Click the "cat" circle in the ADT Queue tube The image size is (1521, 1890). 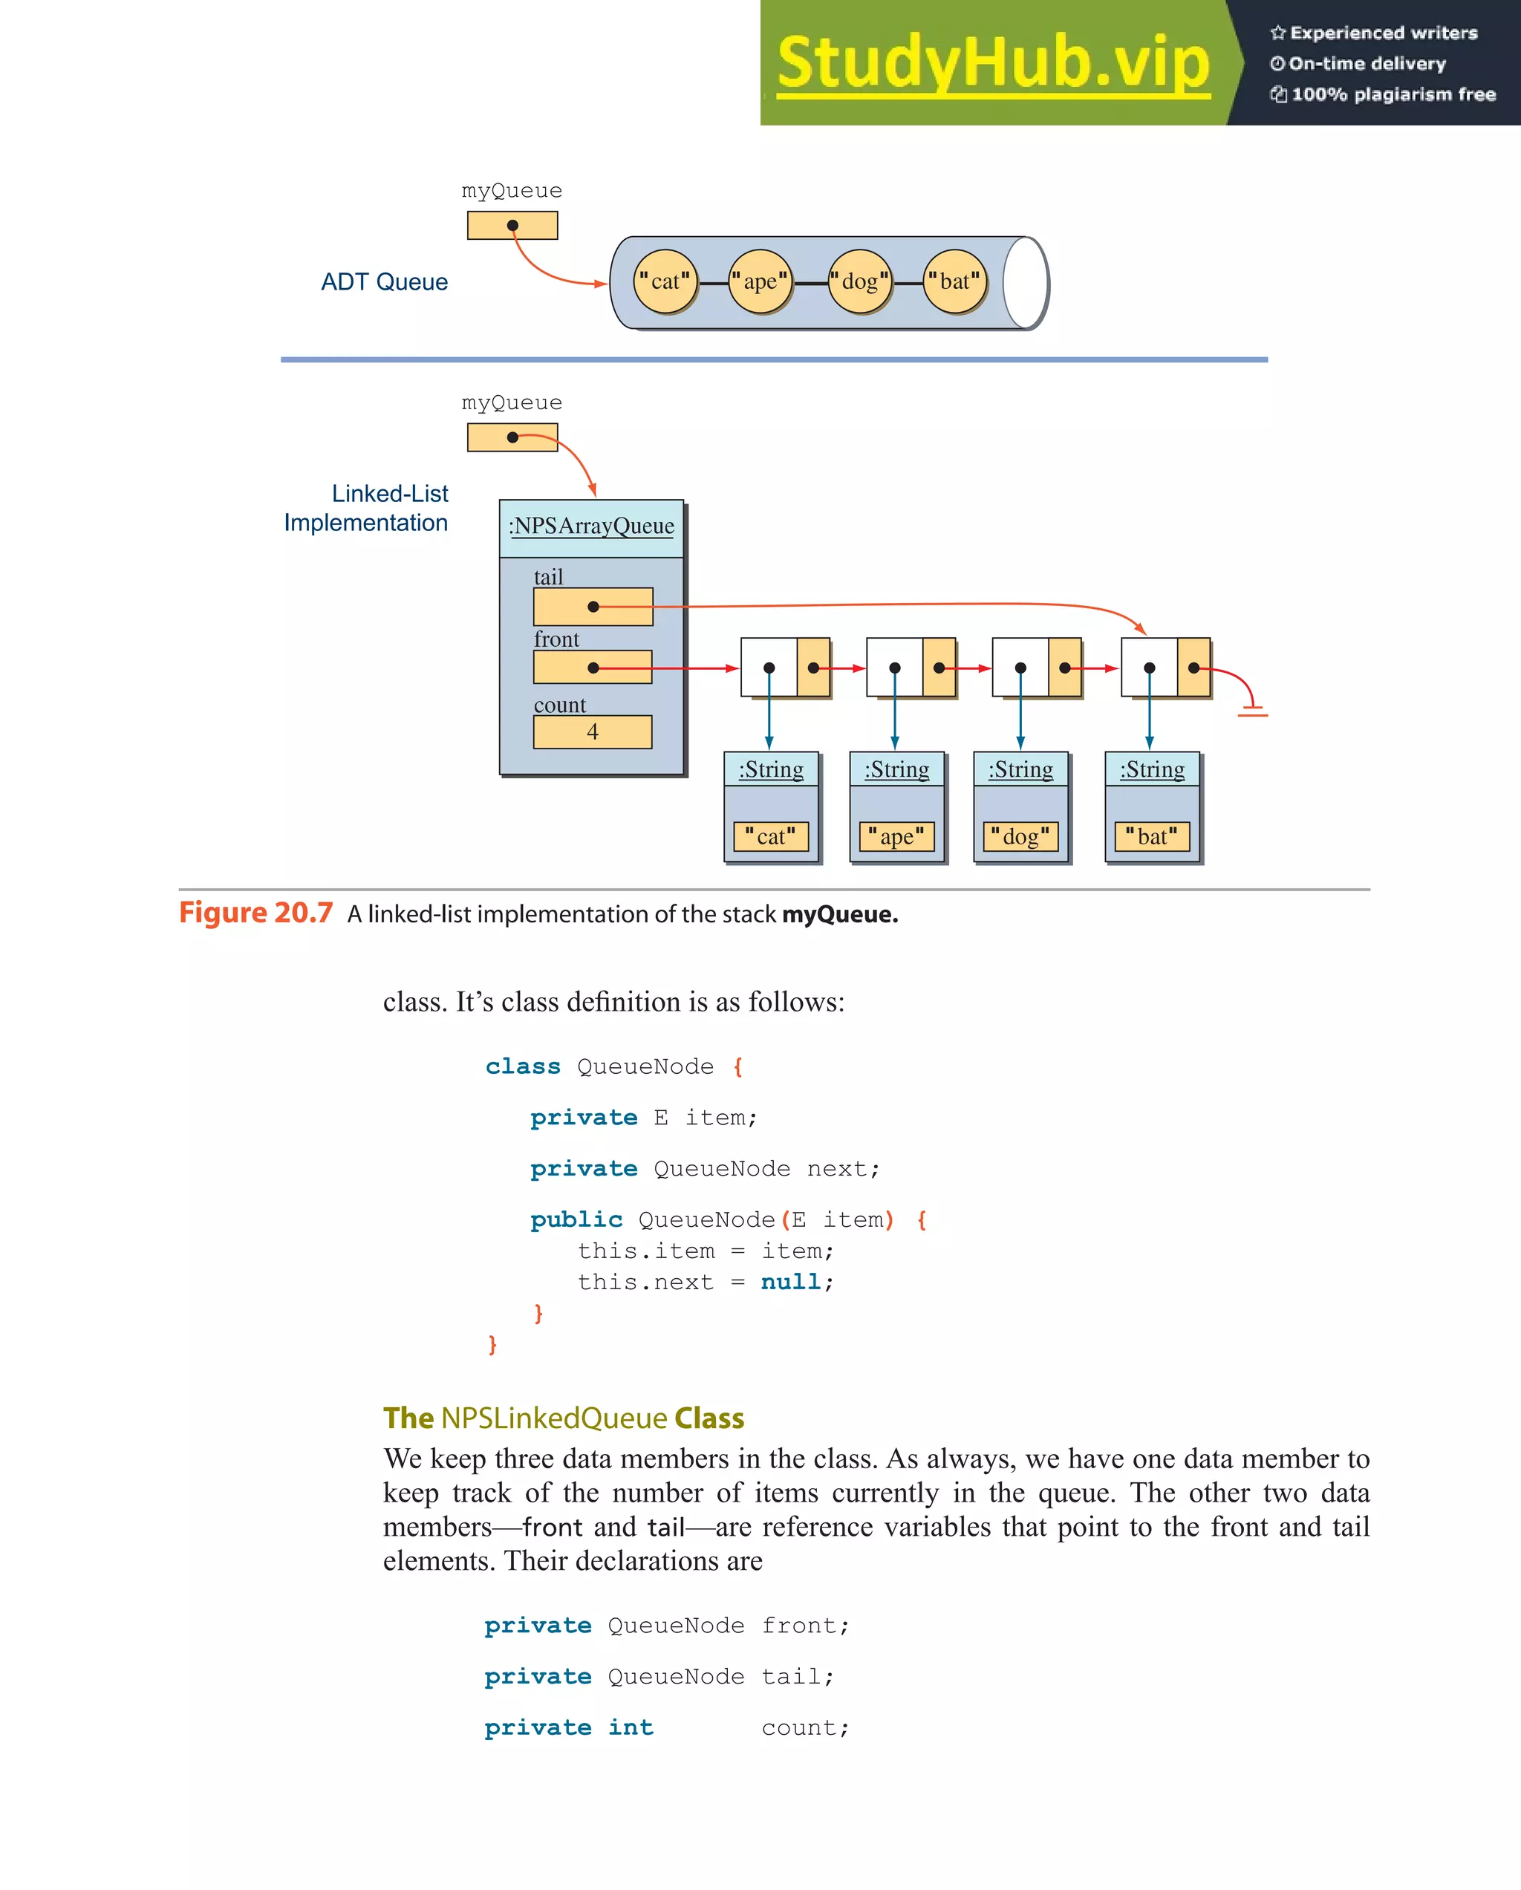pos(665,281)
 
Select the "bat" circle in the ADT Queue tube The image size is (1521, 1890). pos(954,281)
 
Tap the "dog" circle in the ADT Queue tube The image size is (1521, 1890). pos(859,281)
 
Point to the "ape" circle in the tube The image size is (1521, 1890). pos(760,281)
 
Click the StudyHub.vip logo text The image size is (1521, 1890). pos(993,63)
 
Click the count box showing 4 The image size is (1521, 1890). pos(593,732)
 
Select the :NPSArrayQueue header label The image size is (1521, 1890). pos(592,526)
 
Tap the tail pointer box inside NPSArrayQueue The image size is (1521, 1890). pos(593,607)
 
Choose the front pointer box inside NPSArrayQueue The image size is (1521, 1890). pos(593,667)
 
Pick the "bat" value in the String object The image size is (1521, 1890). pos(1152,836)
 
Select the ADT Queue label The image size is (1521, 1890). pos(384,281)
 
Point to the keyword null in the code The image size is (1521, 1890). pos(791,1283)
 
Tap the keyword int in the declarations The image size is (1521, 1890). pos(631,1728)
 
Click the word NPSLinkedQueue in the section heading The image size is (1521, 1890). pos(554,1418)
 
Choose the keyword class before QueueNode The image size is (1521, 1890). pos(523,1067)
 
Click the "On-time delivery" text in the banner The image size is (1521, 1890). pos(1367,63)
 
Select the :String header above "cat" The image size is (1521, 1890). pos(772,769)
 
